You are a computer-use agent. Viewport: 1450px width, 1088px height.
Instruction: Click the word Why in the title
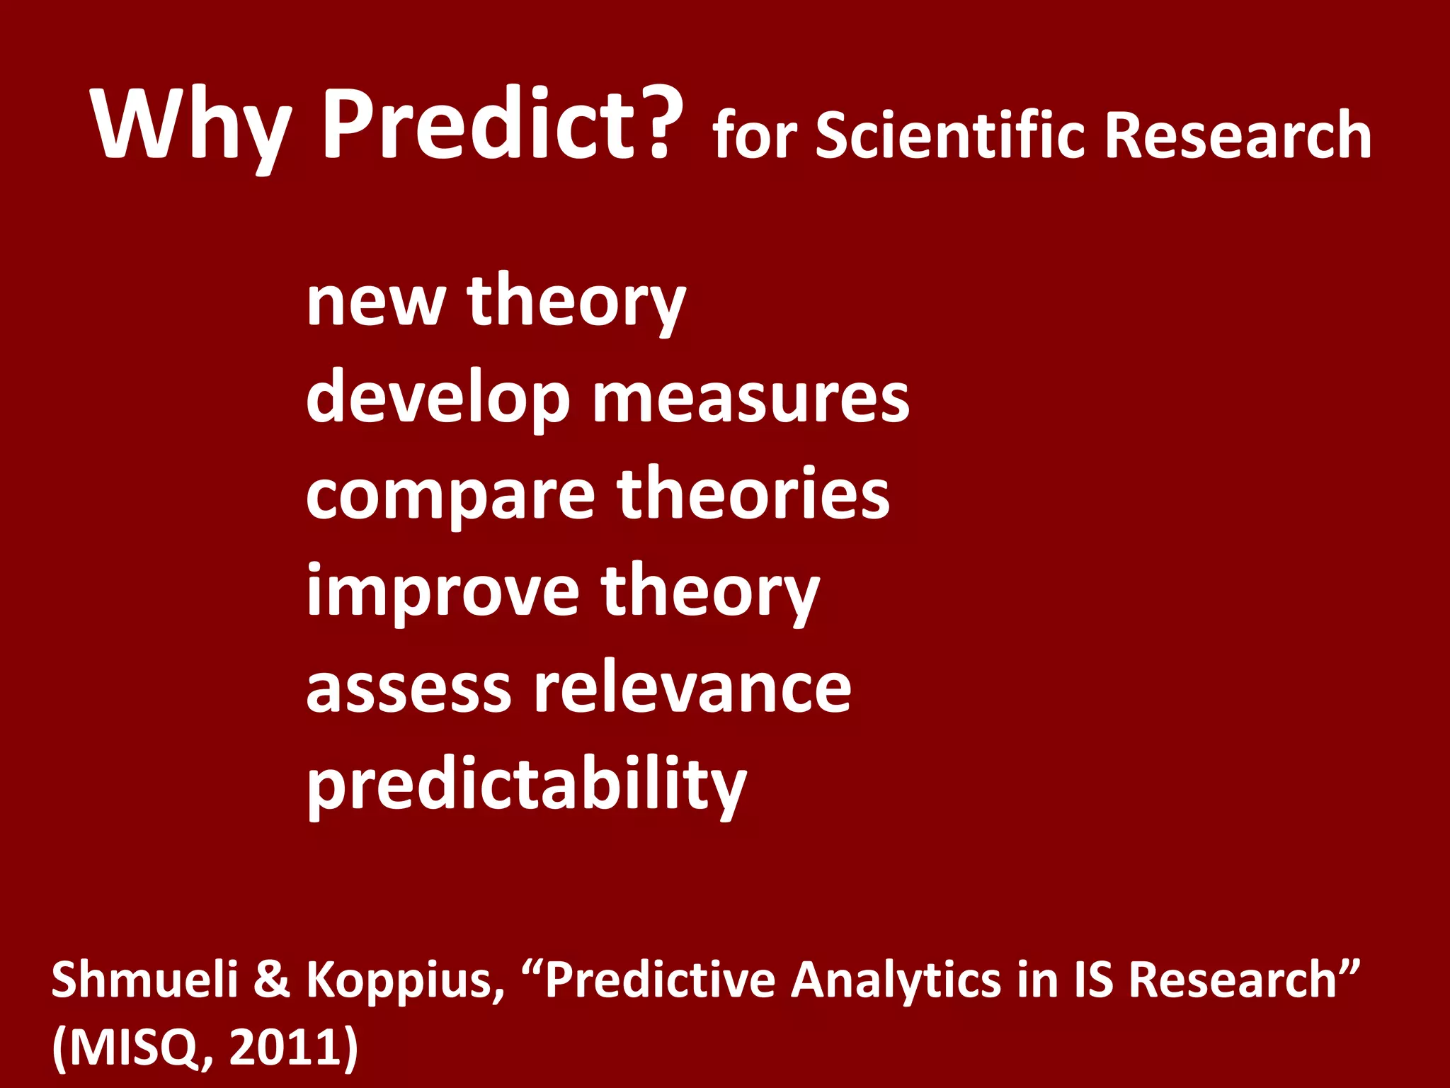[191, 126]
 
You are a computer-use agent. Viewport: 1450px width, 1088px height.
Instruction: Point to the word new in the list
[375, 303]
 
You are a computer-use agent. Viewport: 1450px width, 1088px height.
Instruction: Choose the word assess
[408, 691]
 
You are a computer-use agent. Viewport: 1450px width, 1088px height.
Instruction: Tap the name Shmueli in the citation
[144, 980]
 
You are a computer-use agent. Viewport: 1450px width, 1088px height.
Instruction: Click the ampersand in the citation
[272, 980]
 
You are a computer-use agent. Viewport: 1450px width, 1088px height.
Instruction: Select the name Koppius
[404, 982]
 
